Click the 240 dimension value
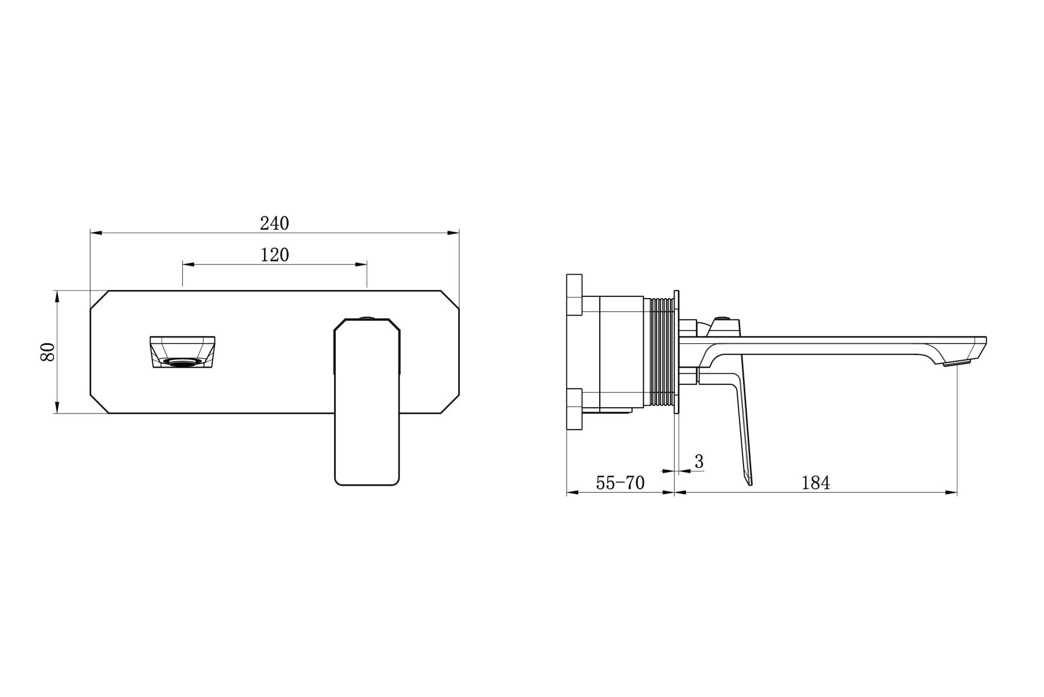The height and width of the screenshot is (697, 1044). tap(274, 223)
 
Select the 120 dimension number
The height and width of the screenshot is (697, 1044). tap(274, 255)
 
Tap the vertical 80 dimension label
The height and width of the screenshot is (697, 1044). tap(48, 352)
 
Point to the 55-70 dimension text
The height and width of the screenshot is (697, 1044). tap(620, 482)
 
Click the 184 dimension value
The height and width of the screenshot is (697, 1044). tap(815, 482)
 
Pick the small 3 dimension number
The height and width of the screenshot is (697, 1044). tap(699, 462)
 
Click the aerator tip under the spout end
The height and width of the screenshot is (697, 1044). tap(956, 363)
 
